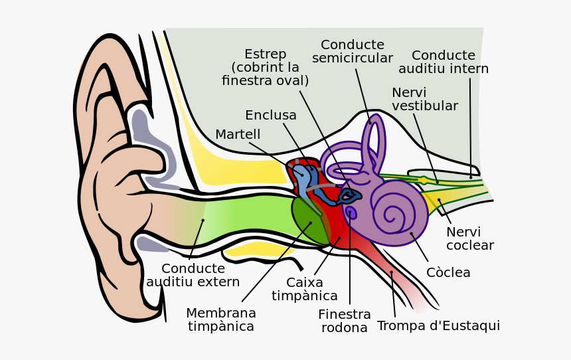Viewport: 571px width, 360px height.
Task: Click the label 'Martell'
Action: coord(238,135)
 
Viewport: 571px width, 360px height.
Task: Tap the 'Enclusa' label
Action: coord(271,116)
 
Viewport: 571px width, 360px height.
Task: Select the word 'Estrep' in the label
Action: coord(265,54)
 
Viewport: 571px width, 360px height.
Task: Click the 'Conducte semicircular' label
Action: coord(353,52)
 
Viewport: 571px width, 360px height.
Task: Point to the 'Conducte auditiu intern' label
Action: coord(444,62)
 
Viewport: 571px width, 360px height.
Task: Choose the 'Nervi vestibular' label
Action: coord(424,100)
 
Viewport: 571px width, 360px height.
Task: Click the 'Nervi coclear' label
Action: coord(469,239)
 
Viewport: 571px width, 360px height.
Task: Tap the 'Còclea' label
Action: coord(448,273)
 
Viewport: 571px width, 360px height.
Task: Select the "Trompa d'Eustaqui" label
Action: coord(438,326)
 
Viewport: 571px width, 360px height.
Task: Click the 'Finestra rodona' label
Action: coord(344,321)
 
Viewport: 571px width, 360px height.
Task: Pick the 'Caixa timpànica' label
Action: coord(305,290)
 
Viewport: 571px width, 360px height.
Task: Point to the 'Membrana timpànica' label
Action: coord(221,320)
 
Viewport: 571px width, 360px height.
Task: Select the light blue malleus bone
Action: coord(302,180)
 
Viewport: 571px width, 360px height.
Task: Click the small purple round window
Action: coord(351,213)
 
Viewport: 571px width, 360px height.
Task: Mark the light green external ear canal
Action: coord(246,216)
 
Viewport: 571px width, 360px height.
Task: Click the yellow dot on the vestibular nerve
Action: coord(424,180)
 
